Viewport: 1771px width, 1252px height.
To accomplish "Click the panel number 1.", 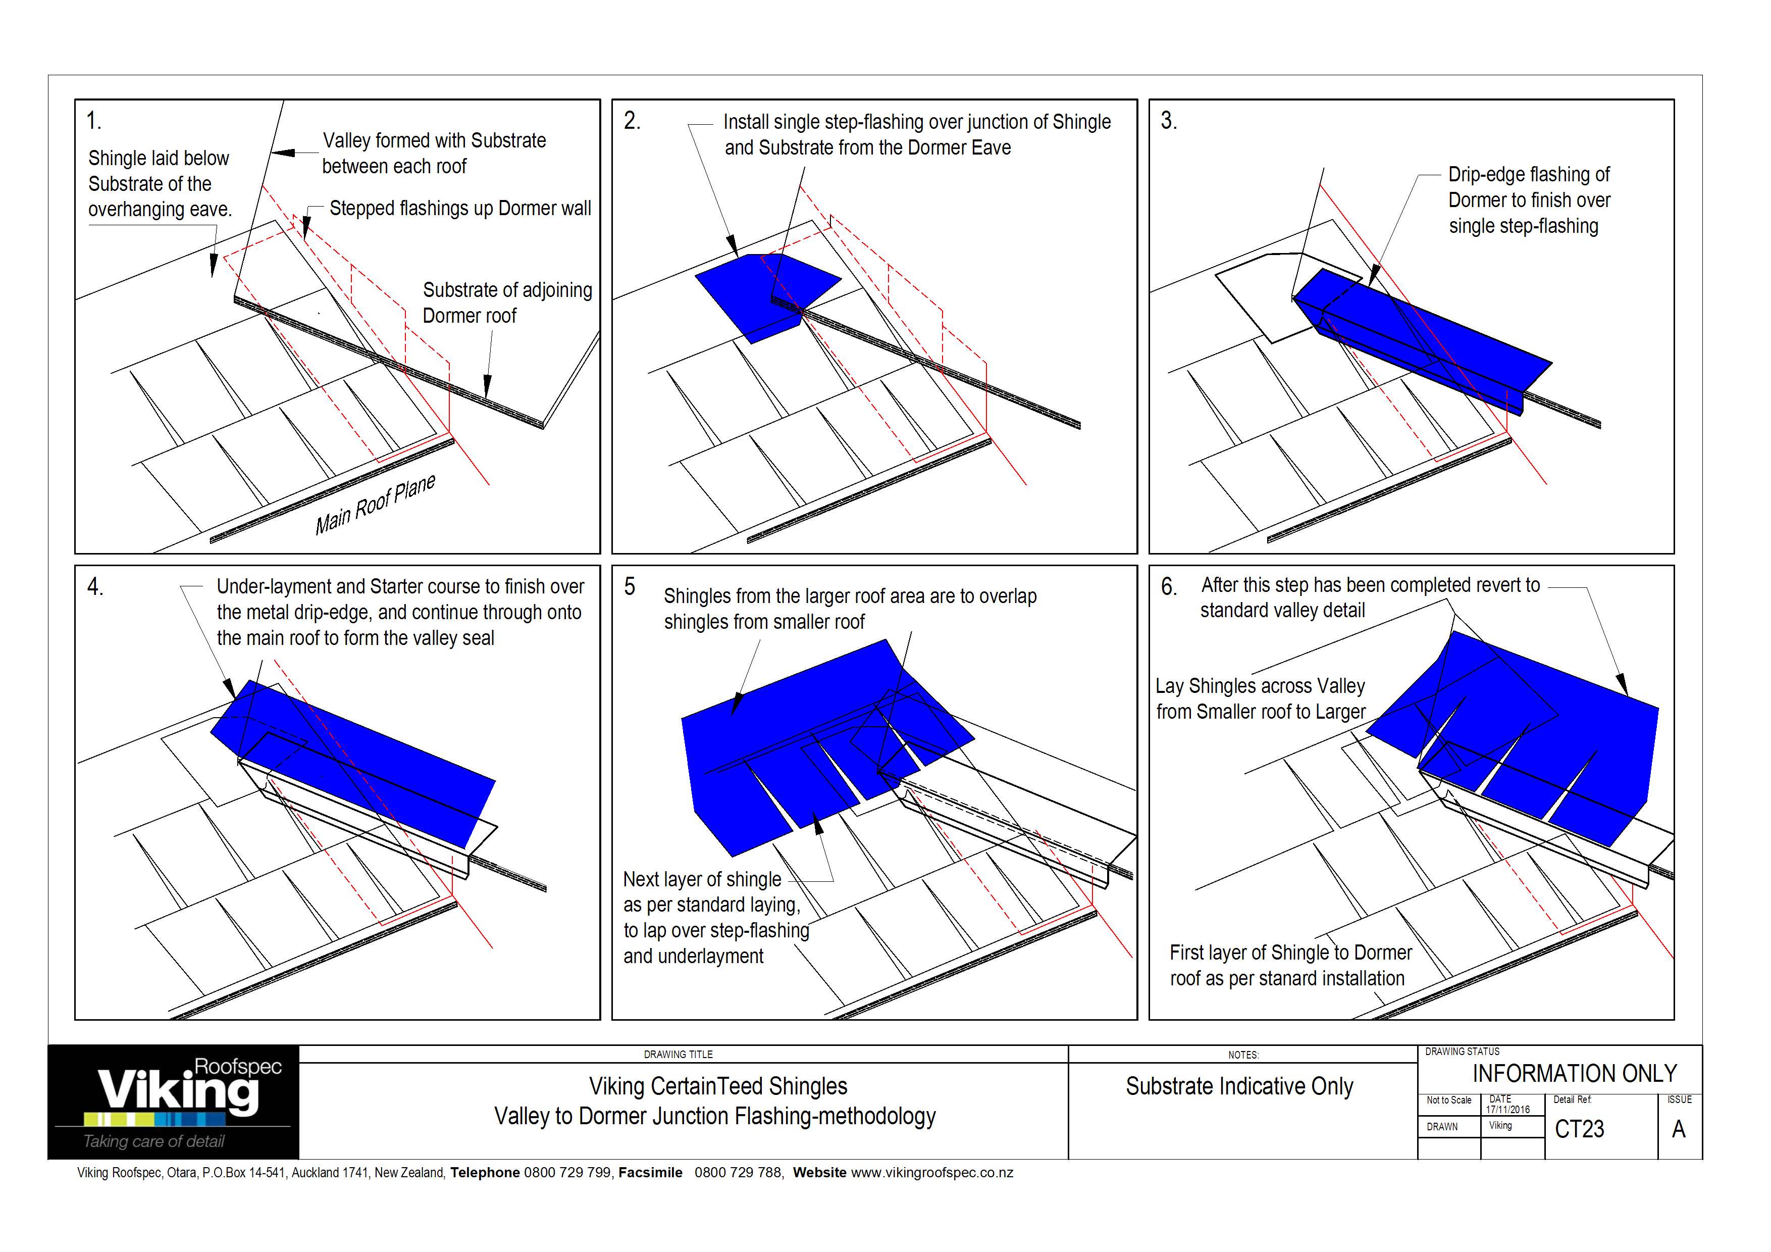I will point(93,121).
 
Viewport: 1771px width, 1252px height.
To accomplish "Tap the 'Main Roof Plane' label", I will point(375,505).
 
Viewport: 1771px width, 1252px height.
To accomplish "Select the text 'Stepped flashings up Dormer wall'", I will point(460,208).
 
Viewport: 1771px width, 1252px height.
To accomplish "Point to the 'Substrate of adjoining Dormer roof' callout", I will point(507,303).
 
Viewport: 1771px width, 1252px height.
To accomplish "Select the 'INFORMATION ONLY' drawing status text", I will point(1574,1074).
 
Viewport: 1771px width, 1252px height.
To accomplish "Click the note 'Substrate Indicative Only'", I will point(1239,1086).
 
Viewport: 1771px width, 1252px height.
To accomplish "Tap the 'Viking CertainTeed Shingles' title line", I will point(717,1086).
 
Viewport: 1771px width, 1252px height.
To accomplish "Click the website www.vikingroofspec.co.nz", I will point(932,1173).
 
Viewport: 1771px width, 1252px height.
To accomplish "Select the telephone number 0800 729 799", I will point(567,1173).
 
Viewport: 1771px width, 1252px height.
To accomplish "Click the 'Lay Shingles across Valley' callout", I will point(1260,686).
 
